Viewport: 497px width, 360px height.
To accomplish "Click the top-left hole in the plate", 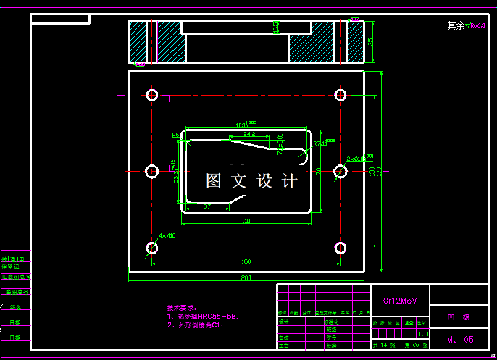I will tap(152, 95).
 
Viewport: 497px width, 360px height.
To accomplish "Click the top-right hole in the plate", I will tap(341, 95).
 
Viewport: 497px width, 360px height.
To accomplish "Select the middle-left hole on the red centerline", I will tap(152, 171).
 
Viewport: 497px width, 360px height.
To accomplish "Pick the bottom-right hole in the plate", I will tap(341, 248).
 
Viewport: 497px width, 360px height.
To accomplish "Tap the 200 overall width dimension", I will tap(246, 277).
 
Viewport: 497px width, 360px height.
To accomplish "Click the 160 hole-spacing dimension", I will tap(246, 261).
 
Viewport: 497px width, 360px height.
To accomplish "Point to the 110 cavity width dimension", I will tap(246, 221).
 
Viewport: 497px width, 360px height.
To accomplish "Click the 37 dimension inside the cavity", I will tap(207, 206).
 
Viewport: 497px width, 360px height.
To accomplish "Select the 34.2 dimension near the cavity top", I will tap(248, 134).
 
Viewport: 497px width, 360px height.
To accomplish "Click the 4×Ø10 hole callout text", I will tap(167, 235).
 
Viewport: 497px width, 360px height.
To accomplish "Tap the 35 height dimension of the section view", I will tap(371, 42).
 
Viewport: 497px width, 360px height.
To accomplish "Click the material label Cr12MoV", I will tap(395, 300).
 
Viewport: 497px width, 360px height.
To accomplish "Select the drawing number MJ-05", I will tap(460, 339).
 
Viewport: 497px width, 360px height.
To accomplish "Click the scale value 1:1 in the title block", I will tap(423, 334).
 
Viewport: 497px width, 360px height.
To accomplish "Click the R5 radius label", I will tap(175, 135).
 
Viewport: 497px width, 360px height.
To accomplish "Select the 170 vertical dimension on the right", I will tap(380, 171).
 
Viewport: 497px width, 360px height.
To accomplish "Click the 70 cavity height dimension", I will tap(318, 171).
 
